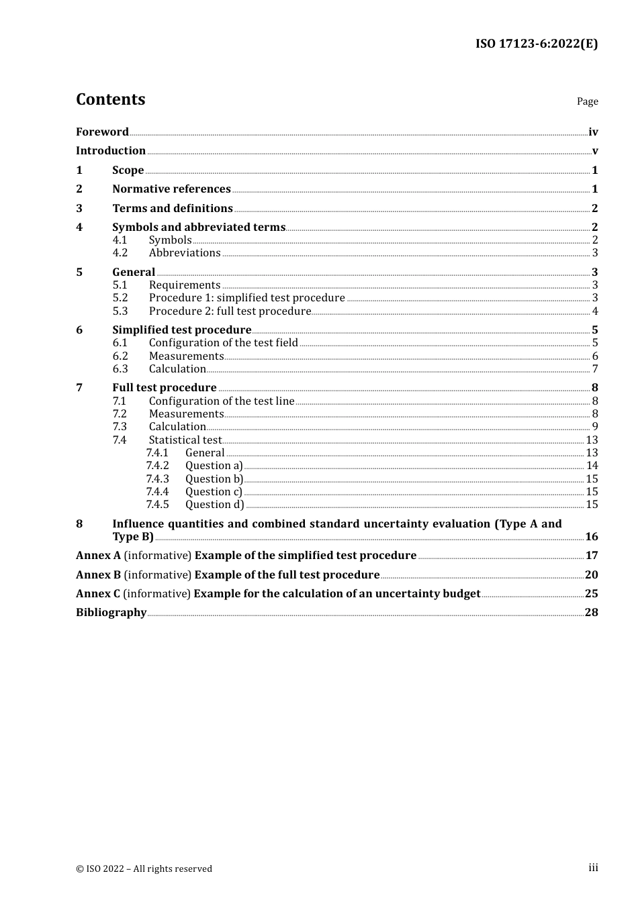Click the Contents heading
(110, 99)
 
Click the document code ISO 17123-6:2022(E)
(536, 44)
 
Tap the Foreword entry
(102, 132)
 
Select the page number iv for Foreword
(592, 132)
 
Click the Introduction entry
(110, 151)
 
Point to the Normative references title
(171, 189)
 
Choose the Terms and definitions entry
(172, 209)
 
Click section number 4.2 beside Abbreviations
(120, 253)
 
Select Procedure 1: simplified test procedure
(246, 298)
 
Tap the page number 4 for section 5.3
(594, 311)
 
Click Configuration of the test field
(223, 343)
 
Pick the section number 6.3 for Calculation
(120, 369)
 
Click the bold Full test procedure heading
(164, 388)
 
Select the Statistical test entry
(185, 440)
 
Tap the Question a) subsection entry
(214, 466)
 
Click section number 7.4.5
(157, 505)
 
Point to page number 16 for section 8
(591, 537)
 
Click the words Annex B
(98, 575)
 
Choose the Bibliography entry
(111, 613)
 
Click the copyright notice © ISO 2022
(144, 869)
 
